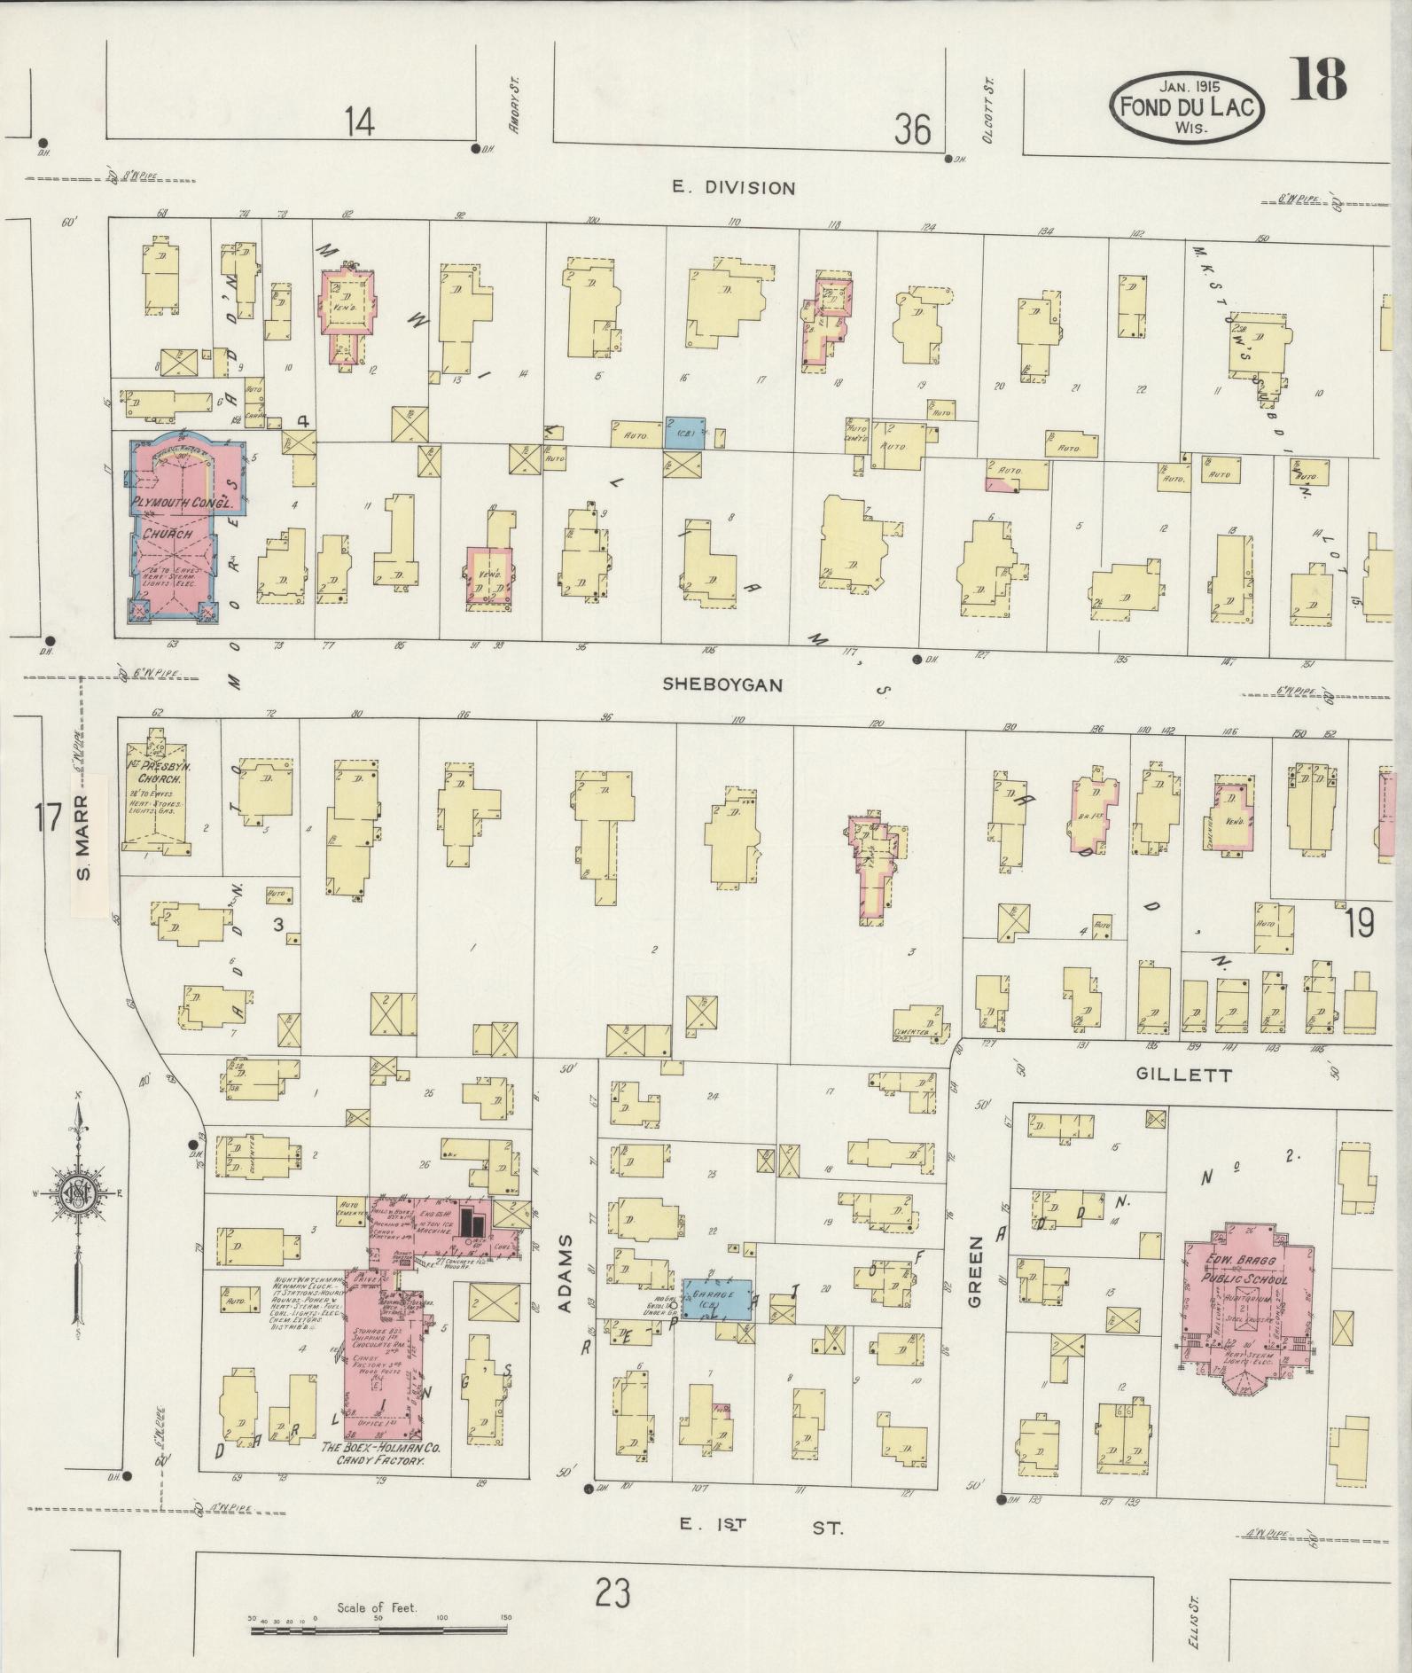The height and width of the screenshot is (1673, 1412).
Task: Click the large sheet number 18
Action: coord(1319,81)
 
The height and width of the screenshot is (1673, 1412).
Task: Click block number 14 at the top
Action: coord(360,121)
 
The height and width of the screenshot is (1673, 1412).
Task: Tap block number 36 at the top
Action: coord(912,131)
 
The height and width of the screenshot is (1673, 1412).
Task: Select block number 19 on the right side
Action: coord(1359,924)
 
